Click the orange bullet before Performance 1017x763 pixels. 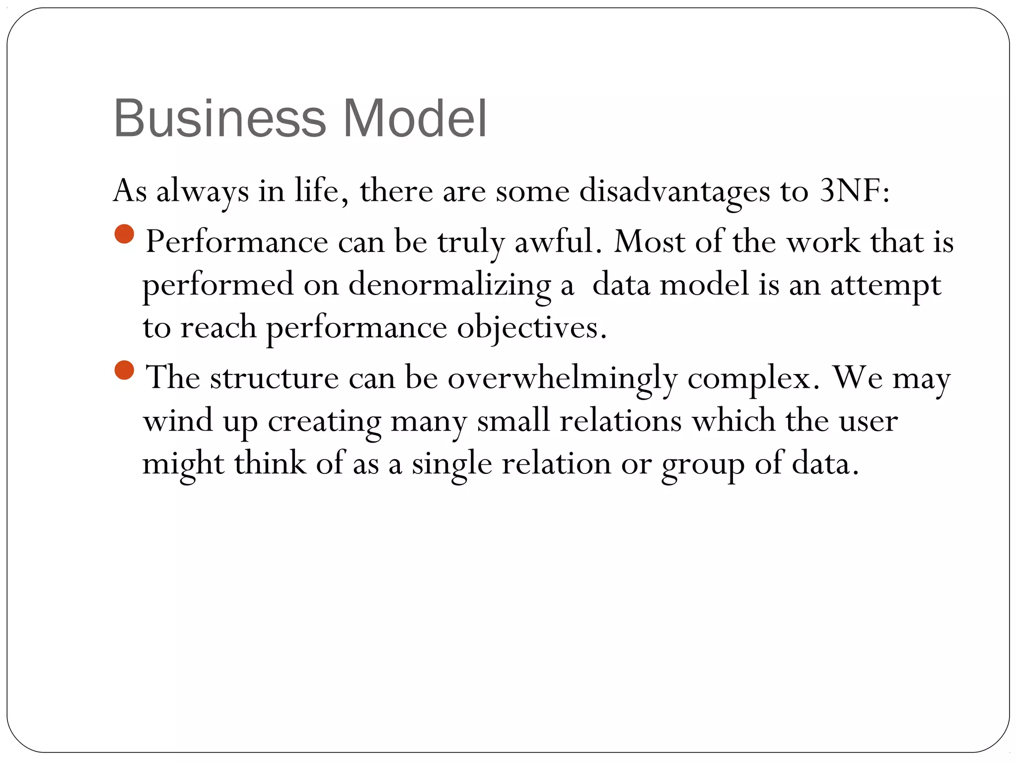[x=124, y=234]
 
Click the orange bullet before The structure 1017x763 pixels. [x=124, y=370]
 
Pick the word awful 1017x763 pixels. [x=554, y=242]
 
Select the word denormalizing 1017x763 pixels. [x=449, y=286]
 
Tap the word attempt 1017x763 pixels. [x=885, y=286]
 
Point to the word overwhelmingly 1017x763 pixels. [x=563, y=379]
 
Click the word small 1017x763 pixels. [x=513, y=421]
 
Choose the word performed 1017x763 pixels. [x=218, y=286]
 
